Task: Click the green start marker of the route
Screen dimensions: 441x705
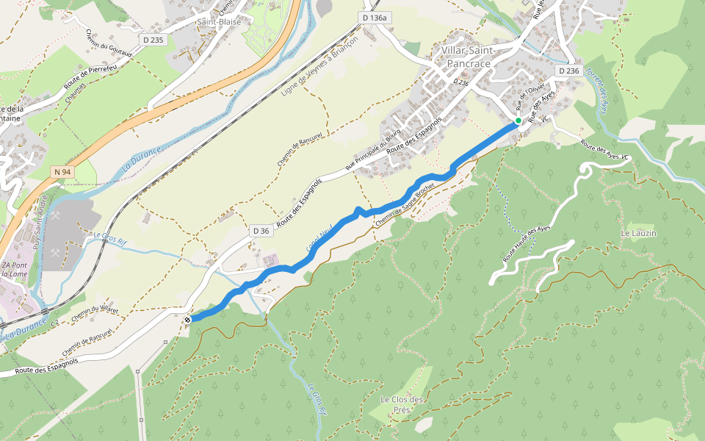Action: click(x=518, y=121)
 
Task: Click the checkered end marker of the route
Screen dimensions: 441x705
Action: click(x=188, y=319)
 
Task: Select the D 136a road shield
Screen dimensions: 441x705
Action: click(x=374, y=17)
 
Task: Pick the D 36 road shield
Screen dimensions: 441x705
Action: click(x=261, y=231)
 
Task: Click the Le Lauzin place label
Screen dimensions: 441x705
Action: click(x=638, y=233)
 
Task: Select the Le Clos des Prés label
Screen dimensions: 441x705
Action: click(x=402, y=404)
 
